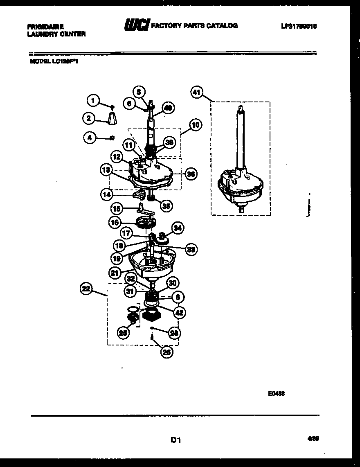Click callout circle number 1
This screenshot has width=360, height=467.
93,100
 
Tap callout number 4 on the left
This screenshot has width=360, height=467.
89,138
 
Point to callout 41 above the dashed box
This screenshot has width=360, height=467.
197,93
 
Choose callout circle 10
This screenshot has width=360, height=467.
196,125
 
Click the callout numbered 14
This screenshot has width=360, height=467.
106,195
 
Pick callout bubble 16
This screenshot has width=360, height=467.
115,222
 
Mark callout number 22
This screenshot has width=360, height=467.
85,289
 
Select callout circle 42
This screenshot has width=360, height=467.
179,312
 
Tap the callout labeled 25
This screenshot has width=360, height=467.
122,333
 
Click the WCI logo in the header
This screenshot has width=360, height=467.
137,26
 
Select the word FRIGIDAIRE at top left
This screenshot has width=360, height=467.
45,26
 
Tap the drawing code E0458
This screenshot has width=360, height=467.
277,393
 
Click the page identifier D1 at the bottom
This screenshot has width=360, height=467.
176,440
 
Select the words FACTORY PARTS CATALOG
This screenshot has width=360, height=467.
194,26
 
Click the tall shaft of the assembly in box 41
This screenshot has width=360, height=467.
241,135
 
